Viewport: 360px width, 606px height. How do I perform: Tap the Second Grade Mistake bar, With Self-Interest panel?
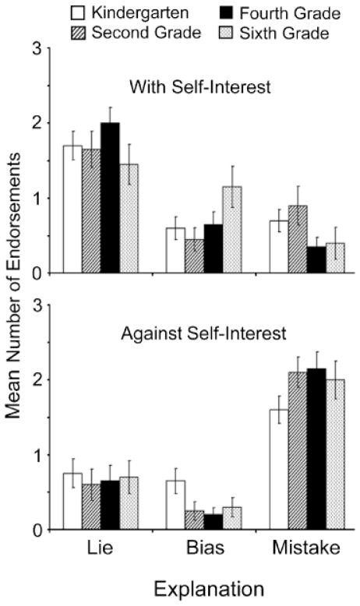296,239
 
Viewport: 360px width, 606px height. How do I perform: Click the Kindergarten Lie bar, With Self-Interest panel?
72,209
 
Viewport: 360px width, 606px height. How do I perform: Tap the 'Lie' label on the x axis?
101,548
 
